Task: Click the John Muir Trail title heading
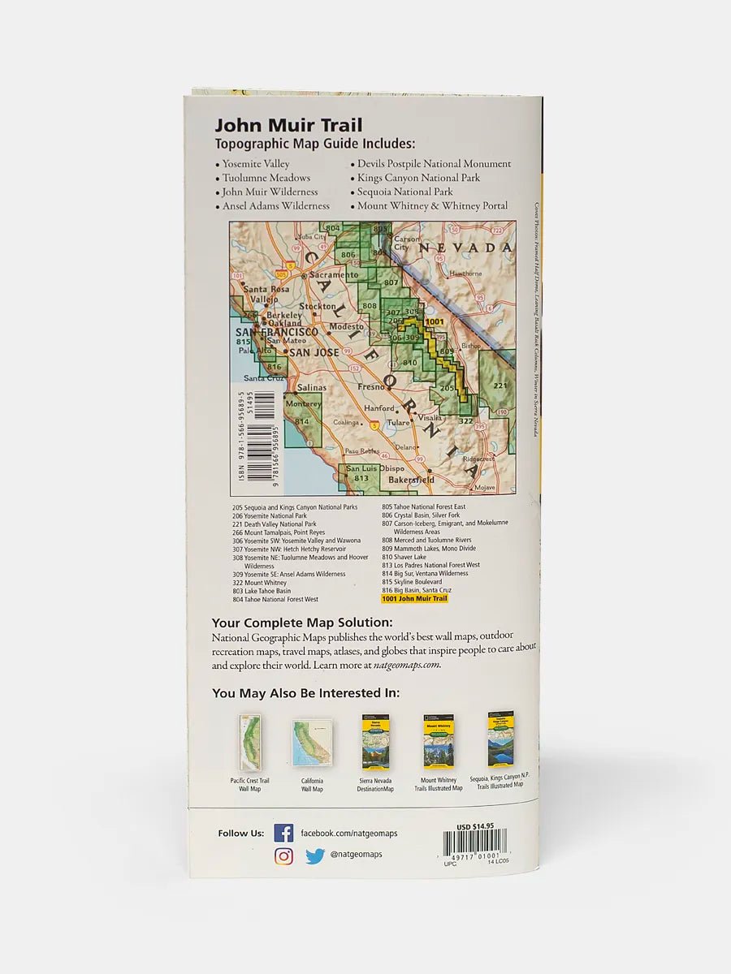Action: tap(288, 126)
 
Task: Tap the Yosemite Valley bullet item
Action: tap(256, 164)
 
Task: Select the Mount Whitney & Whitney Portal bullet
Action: tap(432, 206)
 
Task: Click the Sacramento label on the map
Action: tap(333, 275)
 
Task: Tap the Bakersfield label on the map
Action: tap(410, 480)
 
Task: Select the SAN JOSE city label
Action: tap(314, 353)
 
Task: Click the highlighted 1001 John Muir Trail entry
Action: tap(414, 599)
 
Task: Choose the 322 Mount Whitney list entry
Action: tap(259, 583)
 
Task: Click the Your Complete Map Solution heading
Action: tap(301, 623)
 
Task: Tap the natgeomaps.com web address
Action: tap(407, 665)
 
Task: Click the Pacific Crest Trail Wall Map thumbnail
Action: tap(249, 743)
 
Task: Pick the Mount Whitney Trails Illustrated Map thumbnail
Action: tap(439, 742)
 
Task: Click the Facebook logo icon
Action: tap(283, 833)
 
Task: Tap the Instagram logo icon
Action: tap(283, 855)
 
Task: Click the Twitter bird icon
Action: tap(315, 855)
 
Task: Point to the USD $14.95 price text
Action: tap(475, 826)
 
